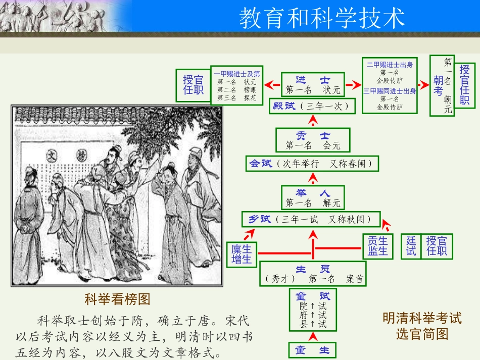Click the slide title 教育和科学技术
click(322, 18)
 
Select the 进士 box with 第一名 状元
click(313, 85)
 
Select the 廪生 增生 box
click(242, 254)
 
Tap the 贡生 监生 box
click(377, 246)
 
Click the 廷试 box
click(411, 246)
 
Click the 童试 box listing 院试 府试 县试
click(313, 309)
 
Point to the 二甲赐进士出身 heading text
click(390, 65)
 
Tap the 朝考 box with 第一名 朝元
click(442, 85)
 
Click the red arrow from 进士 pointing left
click(273, 85)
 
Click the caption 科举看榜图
click(117, 299)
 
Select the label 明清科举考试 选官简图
click(422, 326)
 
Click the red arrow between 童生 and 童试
click(313, 336)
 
